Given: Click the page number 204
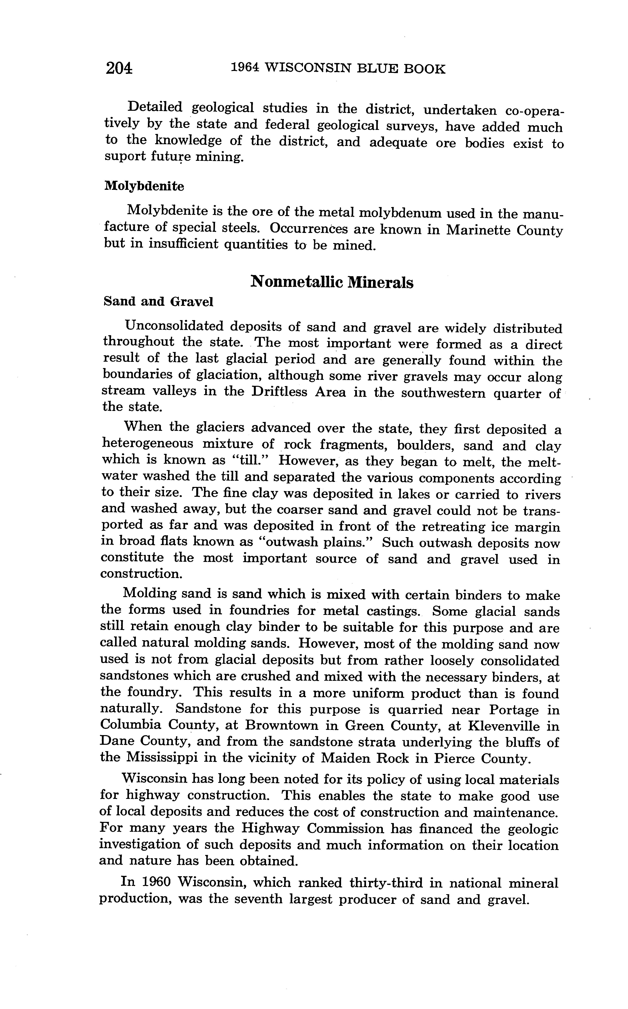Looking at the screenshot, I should pyautogui.click(x=119, y=68).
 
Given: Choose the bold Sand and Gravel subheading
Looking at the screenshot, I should pyautogui.click(x=158, y=302).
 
